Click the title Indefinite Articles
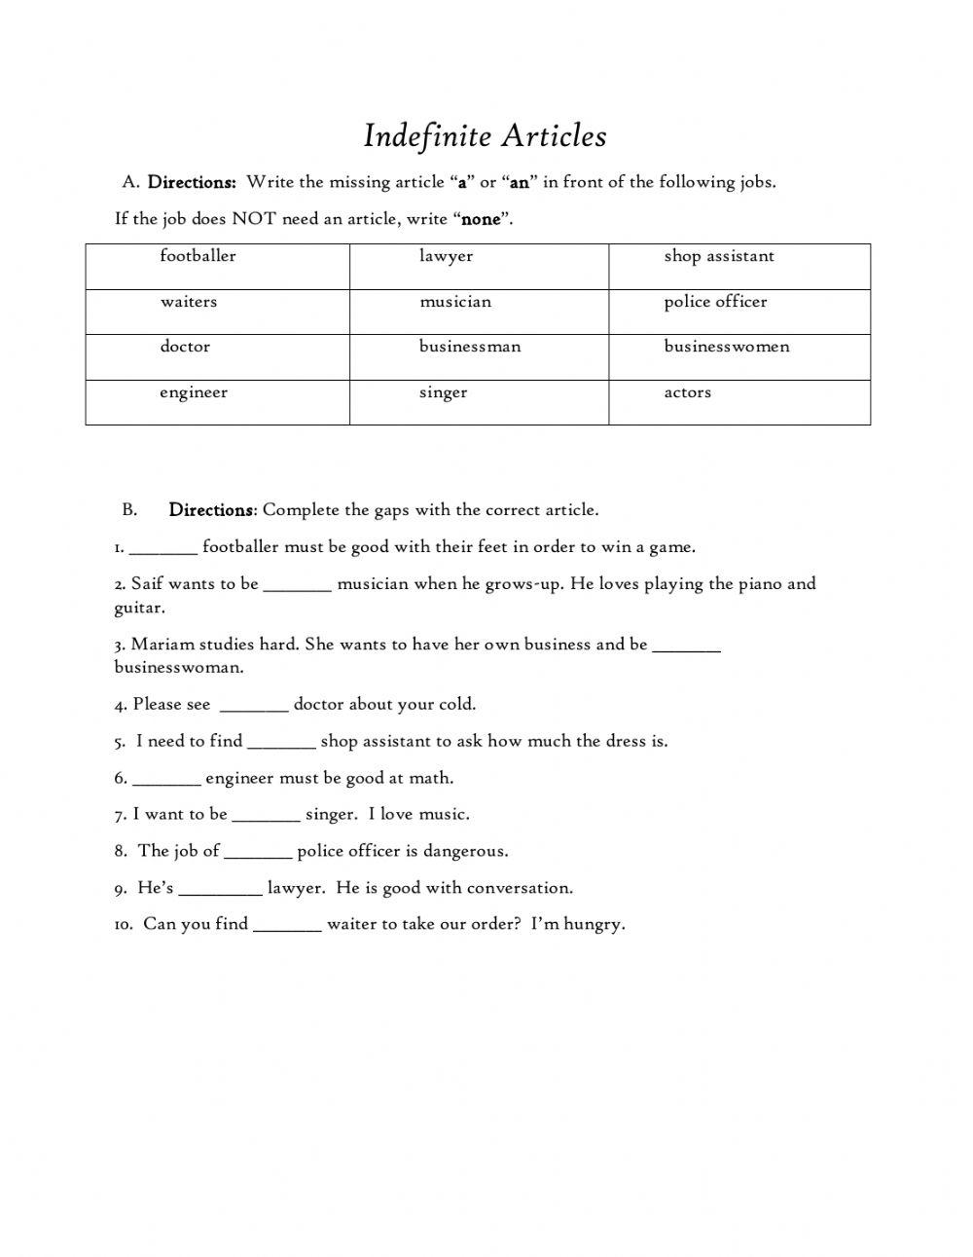tap(485, 136)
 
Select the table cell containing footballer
tap(217, 266)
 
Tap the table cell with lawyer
tap(479, 266)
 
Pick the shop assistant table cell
tap(739, 266)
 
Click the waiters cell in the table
tap(217, 312)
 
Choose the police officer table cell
tap(739, 312)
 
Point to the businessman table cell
tap(479, 356)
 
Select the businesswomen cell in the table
tap(739, 356)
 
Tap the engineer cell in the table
tap(217, 402)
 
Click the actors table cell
tap(739, 402)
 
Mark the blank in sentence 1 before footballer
tap(163, 549)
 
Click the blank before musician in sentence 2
tap(298, 586)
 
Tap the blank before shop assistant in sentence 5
tap(282, 744)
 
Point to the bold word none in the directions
tap(481, 219)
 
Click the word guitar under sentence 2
tap(139, 609)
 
